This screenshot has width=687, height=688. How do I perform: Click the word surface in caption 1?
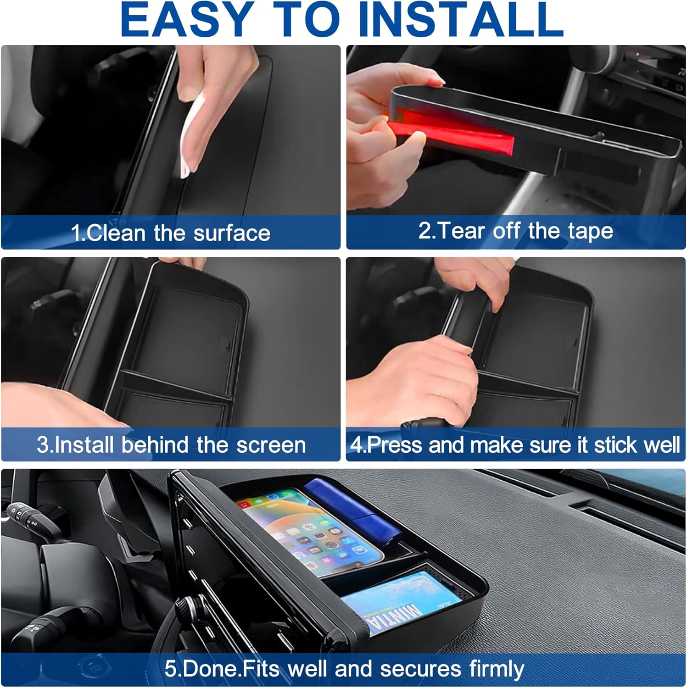[x=232, y=233]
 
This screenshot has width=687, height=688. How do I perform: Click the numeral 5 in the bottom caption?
[x=170, y=669]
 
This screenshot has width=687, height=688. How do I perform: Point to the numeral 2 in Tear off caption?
[x=424, y=230]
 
